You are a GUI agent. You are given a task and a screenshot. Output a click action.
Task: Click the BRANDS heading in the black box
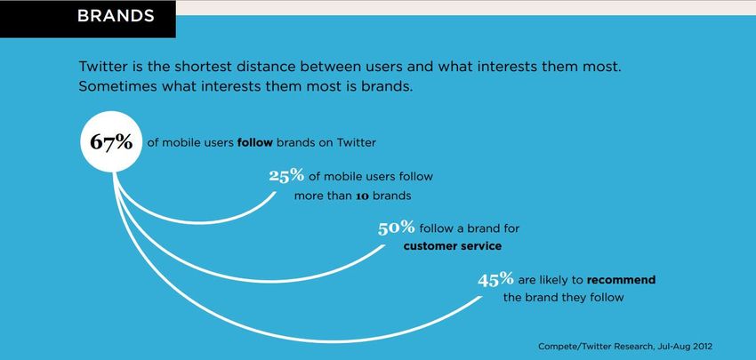pos(116,15)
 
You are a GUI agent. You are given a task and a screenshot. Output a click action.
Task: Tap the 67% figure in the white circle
pos(111,141)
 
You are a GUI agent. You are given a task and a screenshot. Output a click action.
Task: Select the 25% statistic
pos(286,175)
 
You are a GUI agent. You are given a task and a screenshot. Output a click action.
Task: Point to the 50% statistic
pos(397,228)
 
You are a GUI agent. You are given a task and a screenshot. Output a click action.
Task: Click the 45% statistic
pos(495,279)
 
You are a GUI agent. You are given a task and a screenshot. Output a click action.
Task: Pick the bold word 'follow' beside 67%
pos(255,142)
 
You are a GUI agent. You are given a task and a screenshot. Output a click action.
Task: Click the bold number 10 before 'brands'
pos(362,196)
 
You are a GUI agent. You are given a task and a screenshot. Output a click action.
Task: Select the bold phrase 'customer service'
pos(453,246)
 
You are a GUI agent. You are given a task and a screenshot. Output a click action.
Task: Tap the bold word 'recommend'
pos(621,279)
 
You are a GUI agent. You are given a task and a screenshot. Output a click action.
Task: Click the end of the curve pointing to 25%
pos(276,193)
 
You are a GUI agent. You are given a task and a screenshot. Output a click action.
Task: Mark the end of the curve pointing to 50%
pos(384,246)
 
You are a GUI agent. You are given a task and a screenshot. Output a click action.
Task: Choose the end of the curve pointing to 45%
pos(480,298)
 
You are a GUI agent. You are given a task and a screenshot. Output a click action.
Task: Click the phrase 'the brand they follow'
pos(563,298)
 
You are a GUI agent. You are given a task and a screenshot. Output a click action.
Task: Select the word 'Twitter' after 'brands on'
pos(356,142)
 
